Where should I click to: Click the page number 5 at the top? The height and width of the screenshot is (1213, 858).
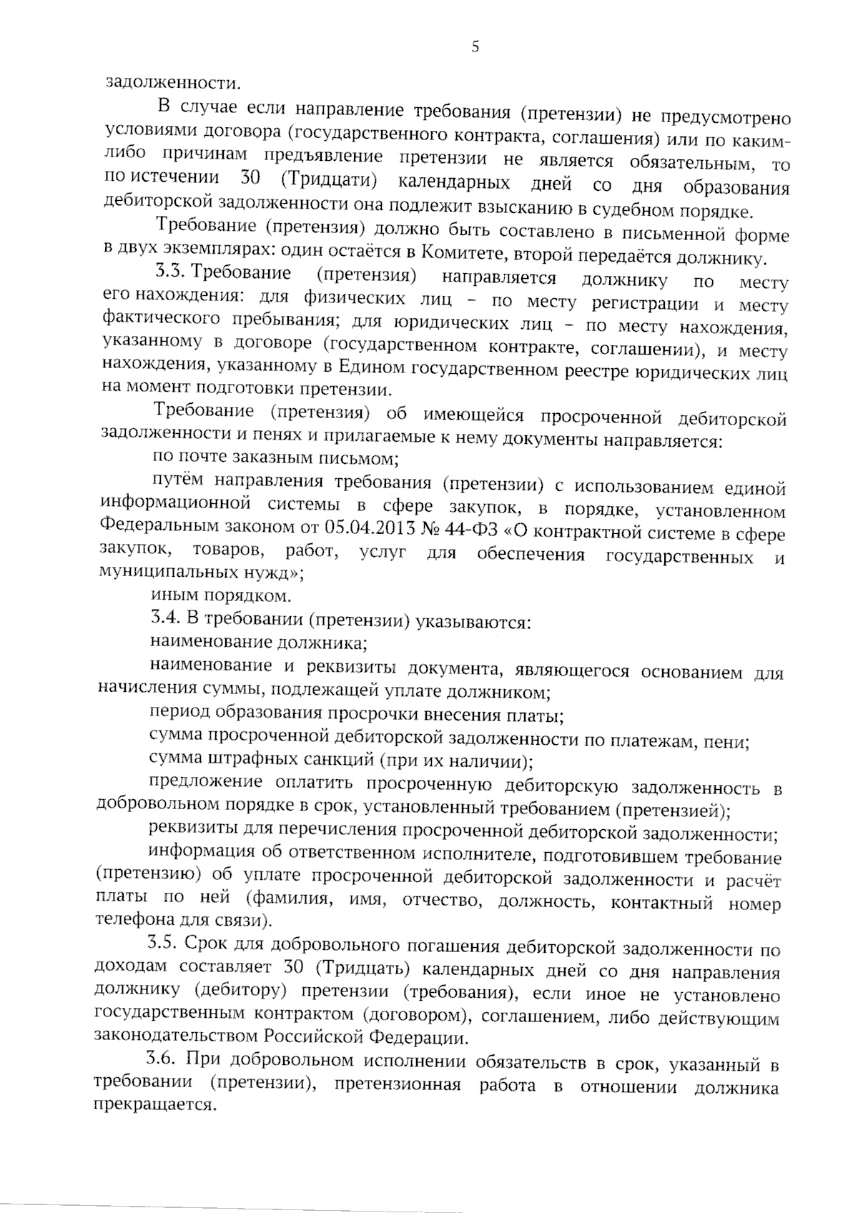475,47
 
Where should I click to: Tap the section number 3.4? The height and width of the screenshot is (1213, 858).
165,618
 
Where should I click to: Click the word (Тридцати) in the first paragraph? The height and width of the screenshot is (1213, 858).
330,179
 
